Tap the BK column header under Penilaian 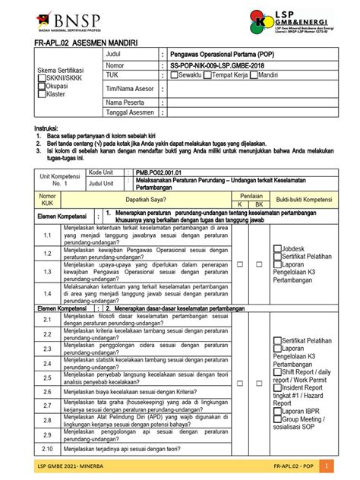pos(258,204)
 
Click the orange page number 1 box pos(326,465)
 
